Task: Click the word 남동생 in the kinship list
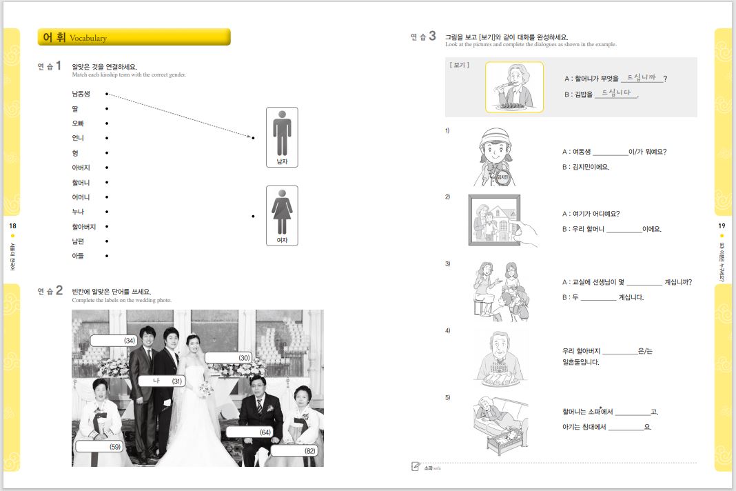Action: pyautogui.click(x=81, y=94)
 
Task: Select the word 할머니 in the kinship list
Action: pyautogui.click(x=81, y=183)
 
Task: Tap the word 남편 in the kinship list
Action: pyautogui.click(x=78, y=241)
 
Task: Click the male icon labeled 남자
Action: pyautogui.click(x=282, y=137)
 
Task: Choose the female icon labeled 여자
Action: pyautogui.click(x=282, y=215)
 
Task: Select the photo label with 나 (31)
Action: pyautogui.click(x=161, y=381)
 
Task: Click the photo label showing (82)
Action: pyautogui.click(x=294, y=450)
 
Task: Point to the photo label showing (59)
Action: pyautogui.click(x=99, y=446)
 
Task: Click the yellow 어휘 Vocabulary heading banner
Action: pyautogui.click(x=134, y=37)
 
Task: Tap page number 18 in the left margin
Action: pyautogui.click(x=12, y=226)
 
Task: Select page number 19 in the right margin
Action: pyautogui.click(x=722, y=226)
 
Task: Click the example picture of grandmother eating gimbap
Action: pyautogui.click(x=514, y=87)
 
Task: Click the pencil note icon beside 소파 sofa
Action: pyautogui.click(x=416, y=467)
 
